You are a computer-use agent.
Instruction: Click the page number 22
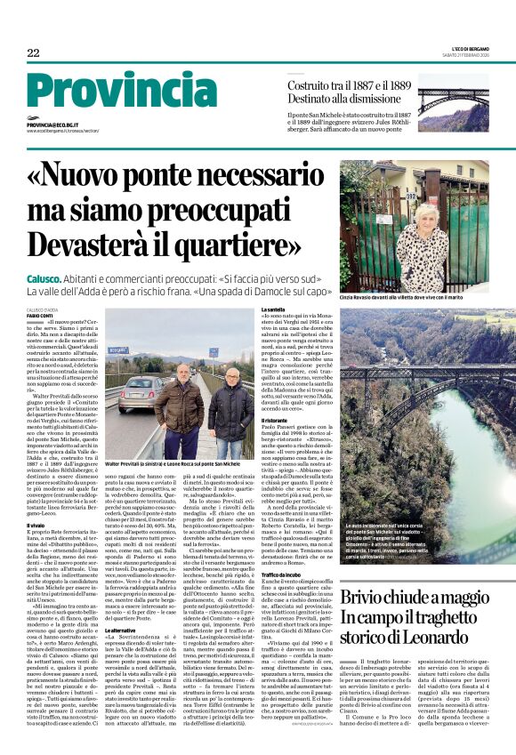(x=33, y=53)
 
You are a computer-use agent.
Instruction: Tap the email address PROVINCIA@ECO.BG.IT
(x=54, y=125)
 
